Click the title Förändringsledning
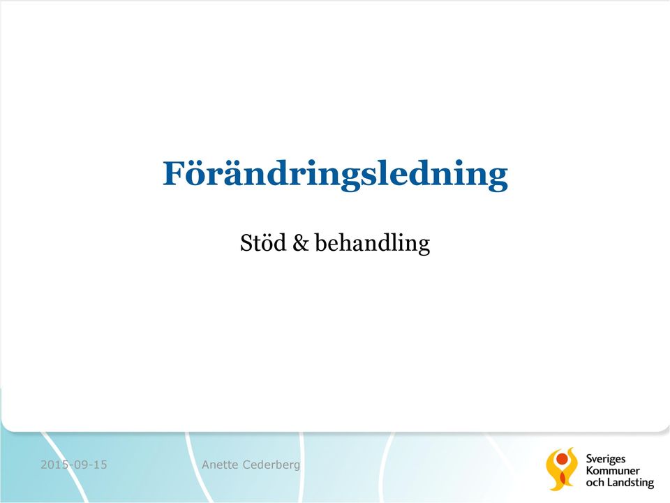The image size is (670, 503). [335, 175]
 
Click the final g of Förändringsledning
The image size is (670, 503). [496, 180]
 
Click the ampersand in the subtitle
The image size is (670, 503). [300, 243]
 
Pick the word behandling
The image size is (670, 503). [372, 243]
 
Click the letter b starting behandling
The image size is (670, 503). [320, 242]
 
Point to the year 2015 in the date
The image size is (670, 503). [54, 465]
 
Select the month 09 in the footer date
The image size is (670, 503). [81, 465]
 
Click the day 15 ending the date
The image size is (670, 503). [100, 465]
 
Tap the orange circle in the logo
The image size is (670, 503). [562, 459]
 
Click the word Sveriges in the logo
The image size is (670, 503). [606, 460]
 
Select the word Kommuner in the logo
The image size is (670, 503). [613, 470]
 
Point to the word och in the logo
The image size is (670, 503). [595, 483]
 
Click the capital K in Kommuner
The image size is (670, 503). [589, 470]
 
